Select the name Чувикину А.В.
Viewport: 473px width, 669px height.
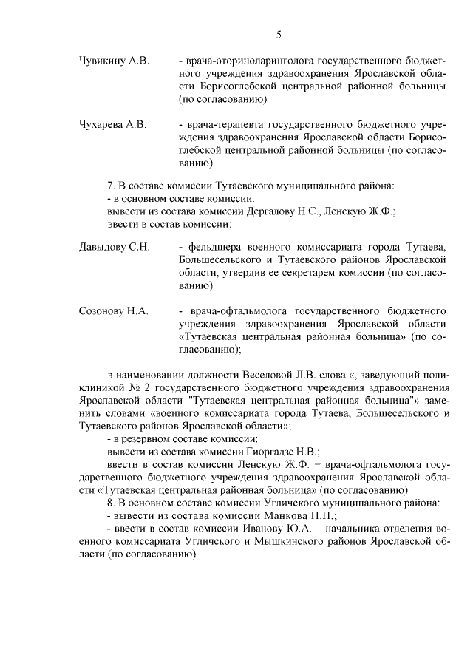[x=114, y=60]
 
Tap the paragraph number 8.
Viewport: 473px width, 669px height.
[x=112, y=503]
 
